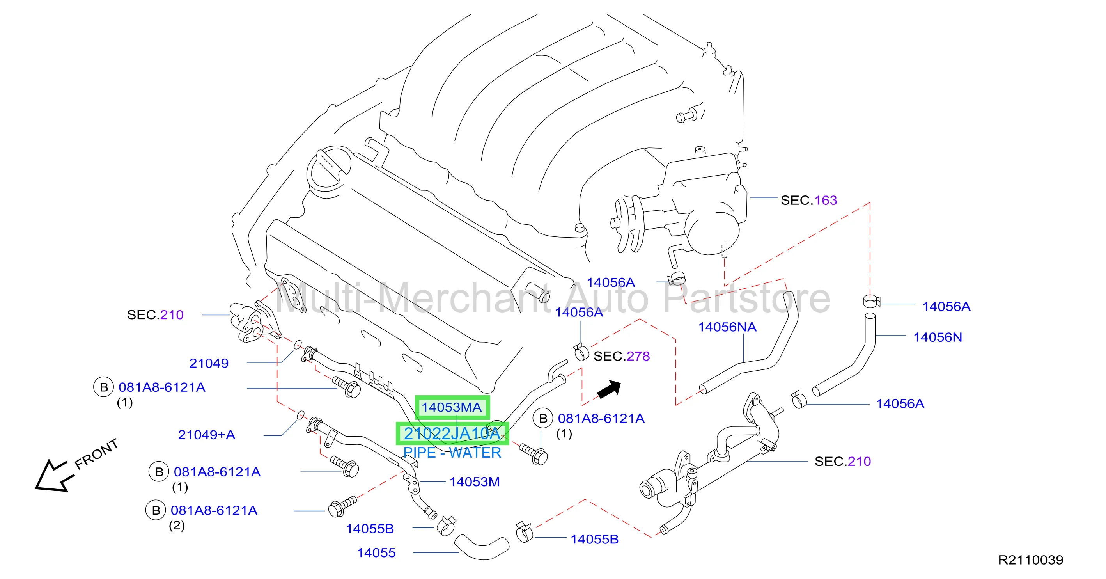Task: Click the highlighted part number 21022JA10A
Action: [x=452, y=433]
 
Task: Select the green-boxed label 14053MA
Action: [x=452, y=407]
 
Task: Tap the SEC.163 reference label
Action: [x=809, y=200]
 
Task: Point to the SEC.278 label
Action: [x=622, y=356]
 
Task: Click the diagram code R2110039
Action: [x=1030, y=559]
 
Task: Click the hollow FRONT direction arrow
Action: [x=51, y=476]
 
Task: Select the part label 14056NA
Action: [x=727, y=327]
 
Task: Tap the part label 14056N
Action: [x=937, y=337]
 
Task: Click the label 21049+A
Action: [x=207, y=435]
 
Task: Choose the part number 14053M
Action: [x=475, y=481]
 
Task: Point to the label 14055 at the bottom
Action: [x=376, y=553]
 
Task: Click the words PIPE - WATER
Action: [x=452, y=453]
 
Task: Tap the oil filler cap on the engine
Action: [x=329, y=169]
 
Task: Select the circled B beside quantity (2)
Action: [x=156, y=510]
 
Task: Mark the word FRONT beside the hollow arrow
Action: [x=96, y=454]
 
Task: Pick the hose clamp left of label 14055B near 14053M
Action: [x=446, y=526]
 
